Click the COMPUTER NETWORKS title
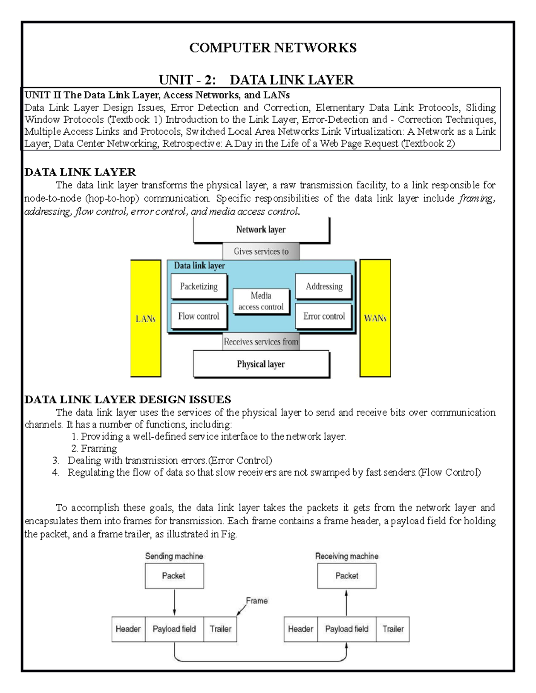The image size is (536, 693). pyautogui.click(x=272, y=48)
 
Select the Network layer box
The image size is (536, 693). pyautogui.click(x=261, y=230)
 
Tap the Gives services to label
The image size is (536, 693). pyautogui.click(x=261, y=252)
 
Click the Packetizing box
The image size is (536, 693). pyautogui.click(x=199, y=286)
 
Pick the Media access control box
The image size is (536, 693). pyautogui.click(x=261, y=301)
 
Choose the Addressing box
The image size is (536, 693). pyautogui.click(x=324, y=286)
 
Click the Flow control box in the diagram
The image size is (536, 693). pyautogui.click(x=199, y=316)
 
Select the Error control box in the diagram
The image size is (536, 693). pyautogui.click(x=324, y=316)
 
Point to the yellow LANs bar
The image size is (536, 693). pyautogui.click(x=146, y=319)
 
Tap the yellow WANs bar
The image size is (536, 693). pyautogui.click(x=375, y=318)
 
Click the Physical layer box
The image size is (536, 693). pyautogui.click(x=261, y=364)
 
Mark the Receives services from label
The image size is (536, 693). pyautogui.click(x=261, y=342)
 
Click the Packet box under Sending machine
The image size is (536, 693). pyautogui.click(x=174, y=576)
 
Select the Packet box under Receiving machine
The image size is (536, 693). pyautogui.click(x=347, y=576)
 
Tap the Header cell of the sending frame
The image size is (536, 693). pyautogui.click(x=128, y=629)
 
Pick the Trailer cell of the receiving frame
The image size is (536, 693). pyautogui.click(x=393, y=629)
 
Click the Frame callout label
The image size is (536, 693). pyautogui.click(x=257, y=601)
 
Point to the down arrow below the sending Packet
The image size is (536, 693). pyautogui.click(x=174, y=602)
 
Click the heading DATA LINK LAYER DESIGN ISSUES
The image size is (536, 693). pyautogui.click(x=128, y=399)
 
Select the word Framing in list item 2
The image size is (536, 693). pyautogui.click(x=99, y=448)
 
